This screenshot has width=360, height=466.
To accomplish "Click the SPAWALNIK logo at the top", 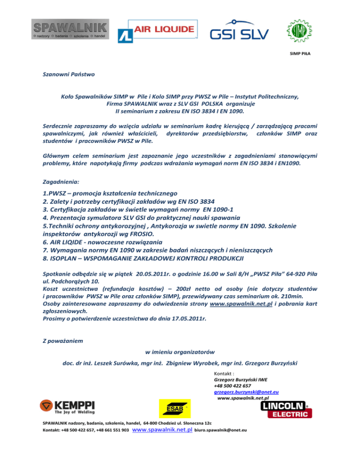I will coord(70,30).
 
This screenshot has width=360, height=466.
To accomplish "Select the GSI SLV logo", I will coord(239,31).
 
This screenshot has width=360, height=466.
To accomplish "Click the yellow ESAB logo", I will coord(174,407).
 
